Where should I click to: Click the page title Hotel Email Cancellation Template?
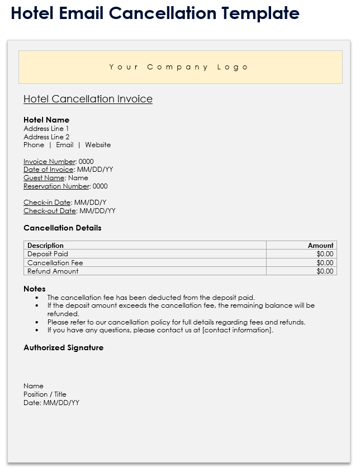coord(155,13)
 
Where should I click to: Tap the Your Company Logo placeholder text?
coord(179,67)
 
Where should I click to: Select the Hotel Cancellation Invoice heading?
coord(88,99)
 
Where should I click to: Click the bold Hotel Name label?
coord(46,120)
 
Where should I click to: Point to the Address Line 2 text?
coord(46,137)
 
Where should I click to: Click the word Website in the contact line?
coord(98,145)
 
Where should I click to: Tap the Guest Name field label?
coord(44,178)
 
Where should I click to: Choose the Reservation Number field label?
coord(56,186)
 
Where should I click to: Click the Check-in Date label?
coord(48,203)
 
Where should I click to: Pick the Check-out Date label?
coord(50,211)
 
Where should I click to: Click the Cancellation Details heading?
coord(63,228)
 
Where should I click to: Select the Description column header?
coord(45,246)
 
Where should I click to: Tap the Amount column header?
coord(320,246)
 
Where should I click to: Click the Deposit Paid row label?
coord(48,254)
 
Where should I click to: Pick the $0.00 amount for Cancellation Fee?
coord(324,262)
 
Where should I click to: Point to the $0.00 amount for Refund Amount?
coord(324,271)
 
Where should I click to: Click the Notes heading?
coord(35,289)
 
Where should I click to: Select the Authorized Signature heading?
coord(64,347)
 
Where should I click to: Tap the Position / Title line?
coord(45,394)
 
